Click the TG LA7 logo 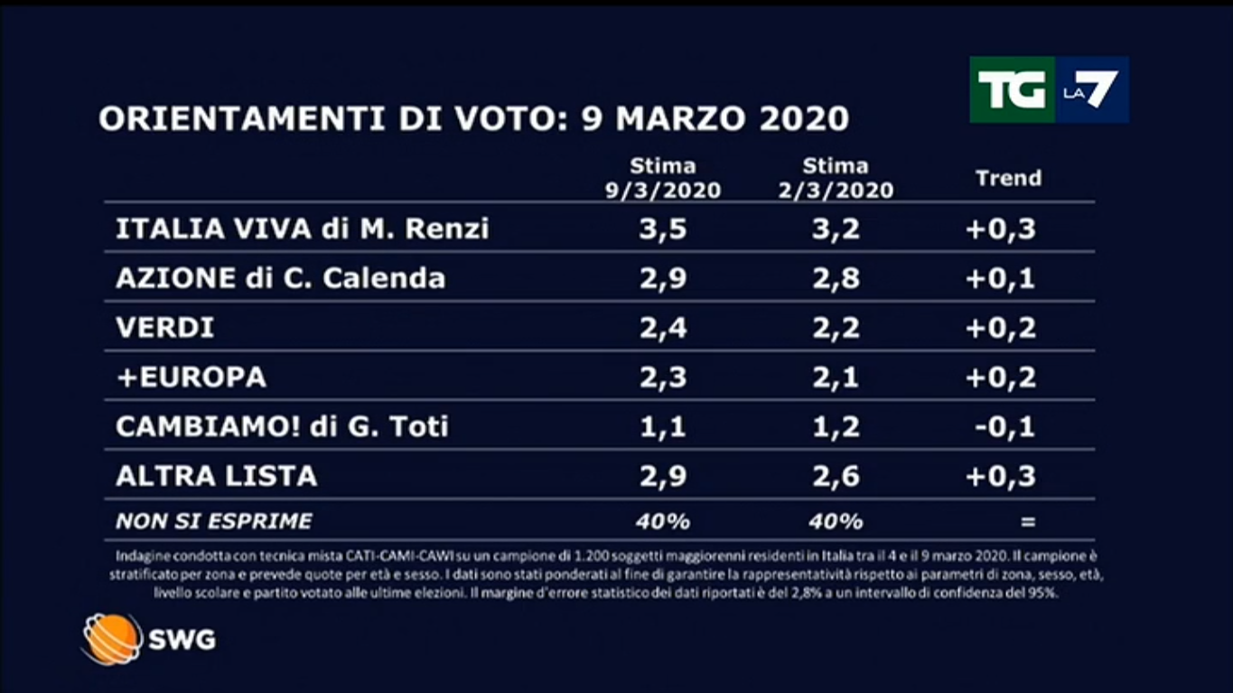[x=1049, y=89]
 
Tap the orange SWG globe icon [x=112, y=639]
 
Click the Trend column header [x=1008, y=178]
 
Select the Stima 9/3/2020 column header [x=663, y=178]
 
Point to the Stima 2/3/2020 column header [x=836, y=178]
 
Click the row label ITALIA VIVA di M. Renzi [x=302, y=229]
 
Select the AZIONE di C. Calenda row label [x=280, y=278]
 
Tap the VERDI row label [x=165, y=328]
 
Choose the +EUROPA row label [x=191, y=377]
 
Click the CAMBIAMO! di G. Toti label [x=282, y=426]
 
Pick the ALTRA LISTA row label [x=216, y=476]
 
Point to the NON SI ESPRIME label [x=213, y=521]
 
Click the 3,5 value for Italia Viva [x=664, y=229]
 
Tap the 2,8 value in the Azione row [x=836, y=278]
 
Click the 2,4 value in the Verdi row [x=664, y=328]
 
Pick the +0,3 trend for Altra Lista [x=1000, y=476]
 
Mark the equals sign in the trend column [x=1027, y=521]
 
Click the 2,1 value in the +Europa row [x=836, y=377]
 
